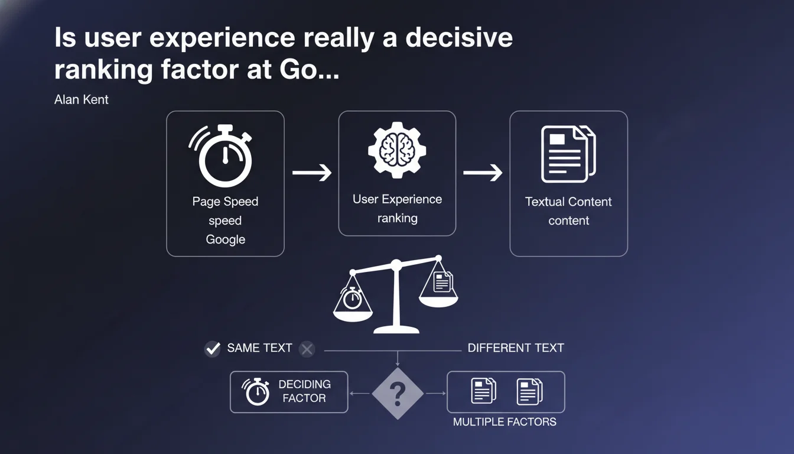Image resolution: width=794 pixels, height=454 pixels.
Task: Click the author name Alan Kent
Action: click(x=81, y=100)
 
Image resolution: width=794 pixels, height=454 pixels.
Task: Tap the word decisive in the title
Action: click(x=459, y=37)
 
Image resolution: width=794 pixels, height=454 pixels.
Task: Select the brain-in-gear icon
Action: click(x=397, y=150)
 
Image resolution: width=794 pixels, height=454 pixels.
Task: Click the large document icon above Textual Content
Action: click(x=568, y=154)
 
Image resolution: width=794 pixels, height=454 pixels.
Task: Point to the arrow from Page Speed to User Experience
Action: click(x=312, y=173)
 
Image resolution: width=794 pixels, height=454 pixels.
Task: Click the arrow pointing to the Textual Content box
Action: click(x=483, y=173)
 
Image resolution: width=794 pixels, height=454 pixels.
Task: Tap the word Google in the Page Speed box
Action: click(x=226, y=239)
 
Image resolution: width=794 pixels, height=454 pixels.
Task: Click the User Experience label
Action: click(x=397, y=199)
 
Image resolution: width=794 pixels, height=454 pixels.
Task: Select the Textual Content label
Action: click(x=568, y=202)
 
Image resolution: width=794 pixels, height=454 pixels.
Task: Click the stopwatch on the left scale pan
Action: click(x=352, y=298)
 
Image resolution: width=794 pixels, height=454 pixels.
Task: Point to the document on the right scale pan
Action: click(x=443, y=281)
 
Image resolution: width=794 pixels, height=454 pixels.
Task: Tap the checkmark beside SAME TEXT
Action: click(x=213, y=348)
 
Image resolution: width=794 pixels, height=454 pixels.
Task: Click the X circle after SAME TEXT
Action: click(x=307, y=349)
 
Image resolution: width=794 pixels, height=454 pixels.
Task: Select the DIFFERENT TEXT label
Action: click(x=516, y=348)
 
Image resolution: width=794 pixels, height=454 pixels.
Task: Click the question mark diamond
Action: click(x=398, y=393)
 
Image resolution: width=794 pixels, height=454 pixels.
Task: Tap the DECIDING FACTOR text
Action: click(x=304, y=391)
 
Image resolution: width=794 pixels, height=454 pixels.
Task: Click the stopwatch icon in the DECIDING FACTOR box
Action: click(x=256, y=391)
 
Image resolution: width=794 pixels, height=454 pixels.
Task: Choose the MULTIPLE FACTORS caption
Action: click(x=505, y=421)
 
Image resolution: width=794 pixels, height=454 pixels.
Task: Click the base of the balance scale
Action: click(x=396, y=329)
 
